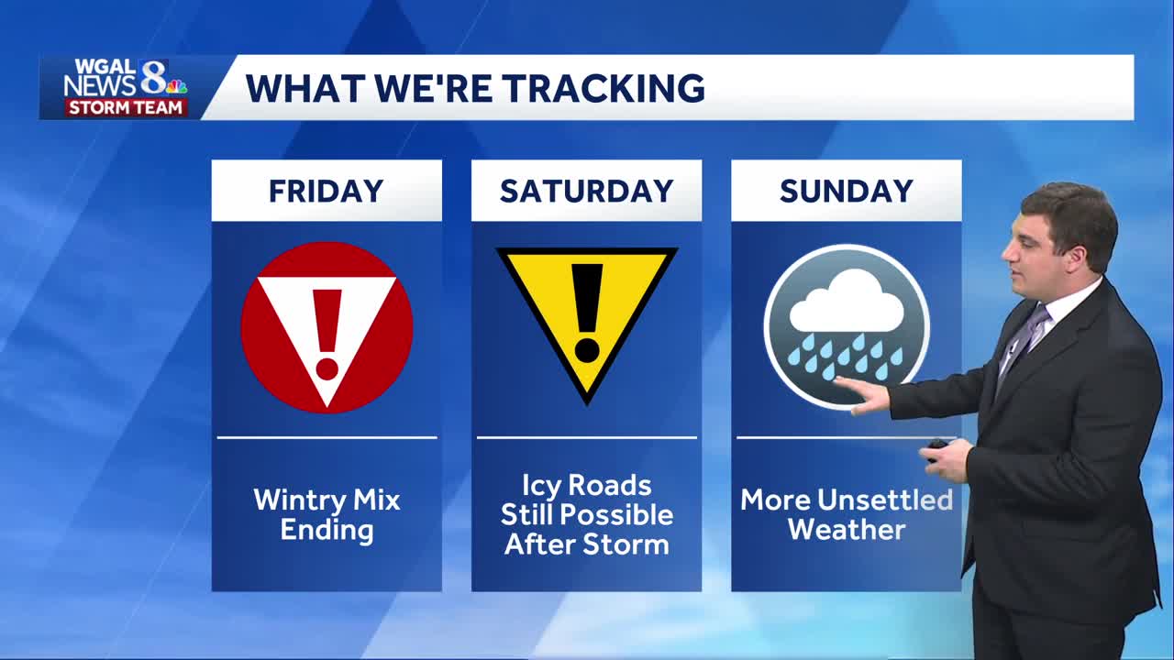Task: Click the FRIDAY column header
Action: [x=326, y=191]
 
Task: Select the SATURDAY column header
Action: [x=586, y=191]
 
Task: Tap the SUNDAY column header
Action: [x=846, y=191]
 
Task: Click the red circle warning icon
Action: [x=327, y=327]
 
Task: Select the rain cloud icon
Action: [x=846, y=325]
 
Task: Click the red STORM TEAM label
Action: [x=127, y=107]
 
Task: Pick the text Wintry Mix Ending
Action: [x=327, y=514]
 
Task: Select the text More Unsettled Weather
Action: [x=846, y=514]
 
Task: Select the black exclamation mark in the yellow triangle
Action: [x=587, y=312]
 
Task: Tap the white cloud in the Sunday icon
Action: [x=846, y=302]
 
